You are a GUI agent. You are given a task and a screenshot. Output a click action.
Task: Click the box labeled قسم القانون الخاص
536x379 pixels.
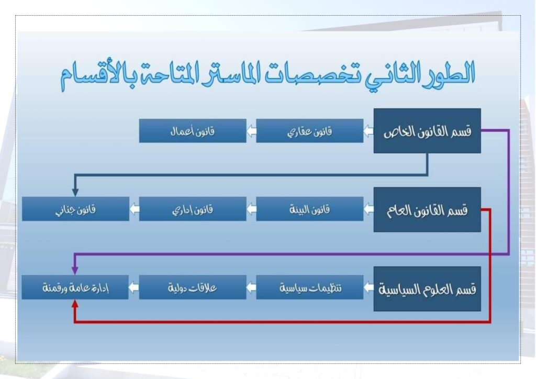coord(427,131)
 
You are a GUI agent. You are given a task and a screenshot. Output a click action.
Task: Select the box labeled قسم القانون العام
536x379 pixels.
coord(427,209)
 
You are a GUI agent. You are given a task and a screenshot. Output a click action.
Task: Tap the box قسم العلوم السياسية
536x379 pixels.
coord(427,289)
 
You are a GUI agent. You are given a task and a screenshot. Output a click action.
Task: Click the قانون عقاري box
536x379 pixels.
coord(310,131)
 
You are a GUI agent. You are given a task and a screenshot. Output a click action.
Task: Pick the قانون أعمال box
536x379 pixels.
coord(193,131)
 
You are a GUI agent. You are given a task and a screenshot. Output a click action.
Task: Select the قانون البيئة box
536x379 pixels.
coord(310,209)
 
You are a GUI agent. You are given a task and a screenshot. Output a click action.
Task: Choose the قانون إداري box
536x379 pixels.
coord(193,209)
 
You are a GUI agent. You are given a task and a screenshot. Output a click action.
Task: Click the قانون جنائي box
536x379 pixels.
coord(75,209)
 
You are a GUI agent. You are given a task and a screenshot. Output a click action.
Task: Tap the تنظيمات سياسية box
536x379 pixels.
coord(310,287)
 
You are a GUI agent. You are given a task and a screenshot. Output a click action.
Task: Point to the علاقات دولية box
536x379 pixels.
coord(193,287)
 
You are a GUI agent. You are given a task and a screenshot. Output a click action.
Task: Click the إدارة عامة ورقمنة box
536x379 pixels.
coord(75,287)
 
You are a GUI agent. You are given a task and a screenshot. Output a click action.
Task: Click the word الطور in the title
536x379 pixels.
coord(448,73)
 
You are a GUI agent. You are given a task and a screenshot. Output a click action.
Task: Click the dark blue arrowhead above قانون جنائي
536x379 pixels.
coord(75,193)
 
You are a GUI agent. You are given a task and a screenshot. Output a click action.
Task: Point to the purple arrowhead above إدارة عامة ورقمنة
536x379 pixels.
coord(75,270)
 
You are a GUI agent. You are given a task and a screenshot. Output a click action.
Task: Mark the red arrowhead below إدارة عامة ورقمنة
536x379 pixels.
coord(75,304)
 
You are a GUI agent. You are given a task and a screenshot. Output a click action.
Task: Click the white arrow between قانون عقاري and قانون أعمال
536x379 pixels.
coord(251,131)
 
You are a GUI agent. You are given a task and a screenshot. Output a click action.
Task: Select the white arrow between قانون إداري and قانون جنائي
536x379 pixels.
coord(135,209)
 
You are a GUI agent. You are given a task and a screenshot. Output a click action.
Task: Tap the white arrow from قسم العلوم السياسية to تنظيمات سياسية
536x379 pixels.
coord(368,287)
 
